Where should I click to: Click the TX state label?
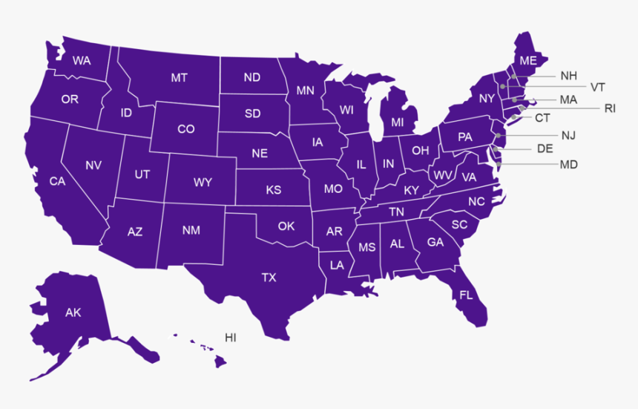tap(269, 278)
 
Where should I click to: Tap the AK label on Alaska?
tap(73, 313)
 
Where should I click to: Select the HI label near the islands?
tap(231, 338)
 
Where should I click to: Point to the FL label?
tap(466, 295)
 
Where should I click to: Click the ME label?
tap(528, 60)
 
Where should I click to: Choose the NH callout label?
tap(569, 76)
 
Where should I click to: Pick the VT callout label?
tap(598, 87)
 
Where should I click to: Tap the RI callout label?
tap(610, 108)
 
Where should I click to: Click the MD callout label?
tap(569, 164)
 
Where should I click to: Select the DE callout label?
tap(545, 148)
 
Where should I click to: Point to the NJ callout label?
tap(569, 135)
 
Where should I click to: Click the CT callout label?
tap(542, 118)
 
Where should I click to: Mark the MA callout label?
tap(569, 99)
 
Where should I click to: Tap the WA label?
tap(82, 61)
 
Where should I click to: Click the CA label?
tap(57, 181)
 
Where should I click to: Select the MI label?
tap(398, 122)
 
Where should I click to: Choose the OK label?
tap(286, 226)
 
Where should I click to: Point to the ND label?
tap(252, 77)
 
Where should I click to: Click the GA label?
tap(435, 242)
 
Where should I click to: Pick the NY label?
tap(487, 99)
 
